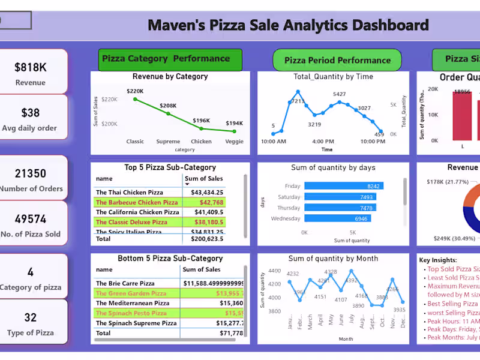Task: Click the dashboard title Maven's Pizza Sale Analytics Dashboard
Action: tap(288, 25)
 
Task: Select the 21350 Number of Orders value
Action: tap(30, 173)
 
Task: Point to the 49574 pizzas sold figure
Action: tap(30, 219)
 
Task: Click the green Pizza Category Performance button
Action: tap(170, 59)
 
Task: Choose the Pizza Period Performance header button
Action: tap(337, 60)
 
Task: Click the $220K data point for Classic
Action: tap(136, 99)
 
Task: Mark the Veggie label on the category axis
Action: tap(235, 142)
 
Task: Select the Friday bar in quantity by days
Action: tap(344, 186)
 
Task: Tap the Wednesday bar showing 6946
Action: tap(337, 219)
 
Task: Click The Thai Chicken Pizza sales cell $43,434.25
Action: tap(203, 193)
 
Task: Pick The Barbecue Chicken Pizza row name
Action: tap(137, 203)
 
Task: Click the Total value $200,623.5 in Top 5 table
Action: tap(203, 238)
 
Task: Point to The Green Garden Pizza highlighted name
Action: tap(131, 293)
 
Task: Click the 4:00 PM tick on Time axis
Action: tap(323, 142)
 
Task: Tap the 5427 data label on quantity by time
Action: tap(340, 94)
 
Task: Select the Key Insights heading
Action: tap(437, 260)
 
